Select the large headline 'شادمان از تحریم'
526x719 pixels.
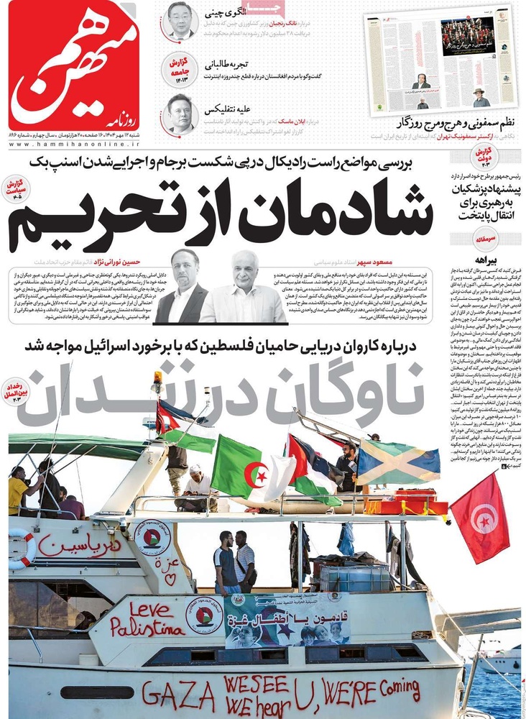[x=219, y=214]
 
